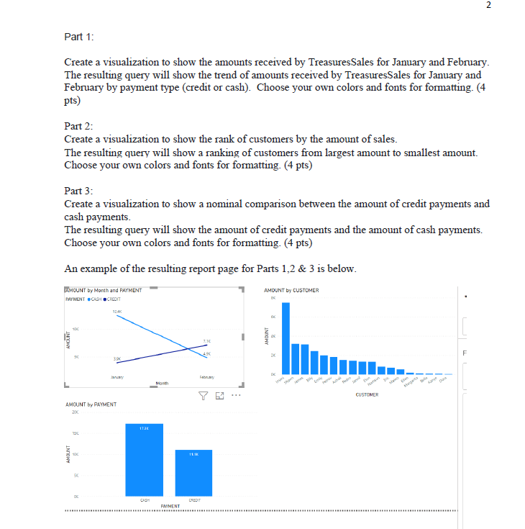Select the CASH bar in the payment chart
point(145,460)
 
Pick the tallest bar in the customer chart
point(286,334)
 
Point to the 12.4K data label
point(117,312)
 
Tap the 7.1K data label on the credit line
point(206,340)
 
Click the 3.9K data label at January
point(117,358)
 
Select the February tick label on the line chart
point(206,378)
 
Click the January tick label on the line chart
point(117,378)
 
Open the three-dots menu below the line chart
point(236,394)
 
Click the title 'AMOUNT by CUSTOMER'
point(291,290)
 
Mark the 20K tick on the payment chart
point(73,412)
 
